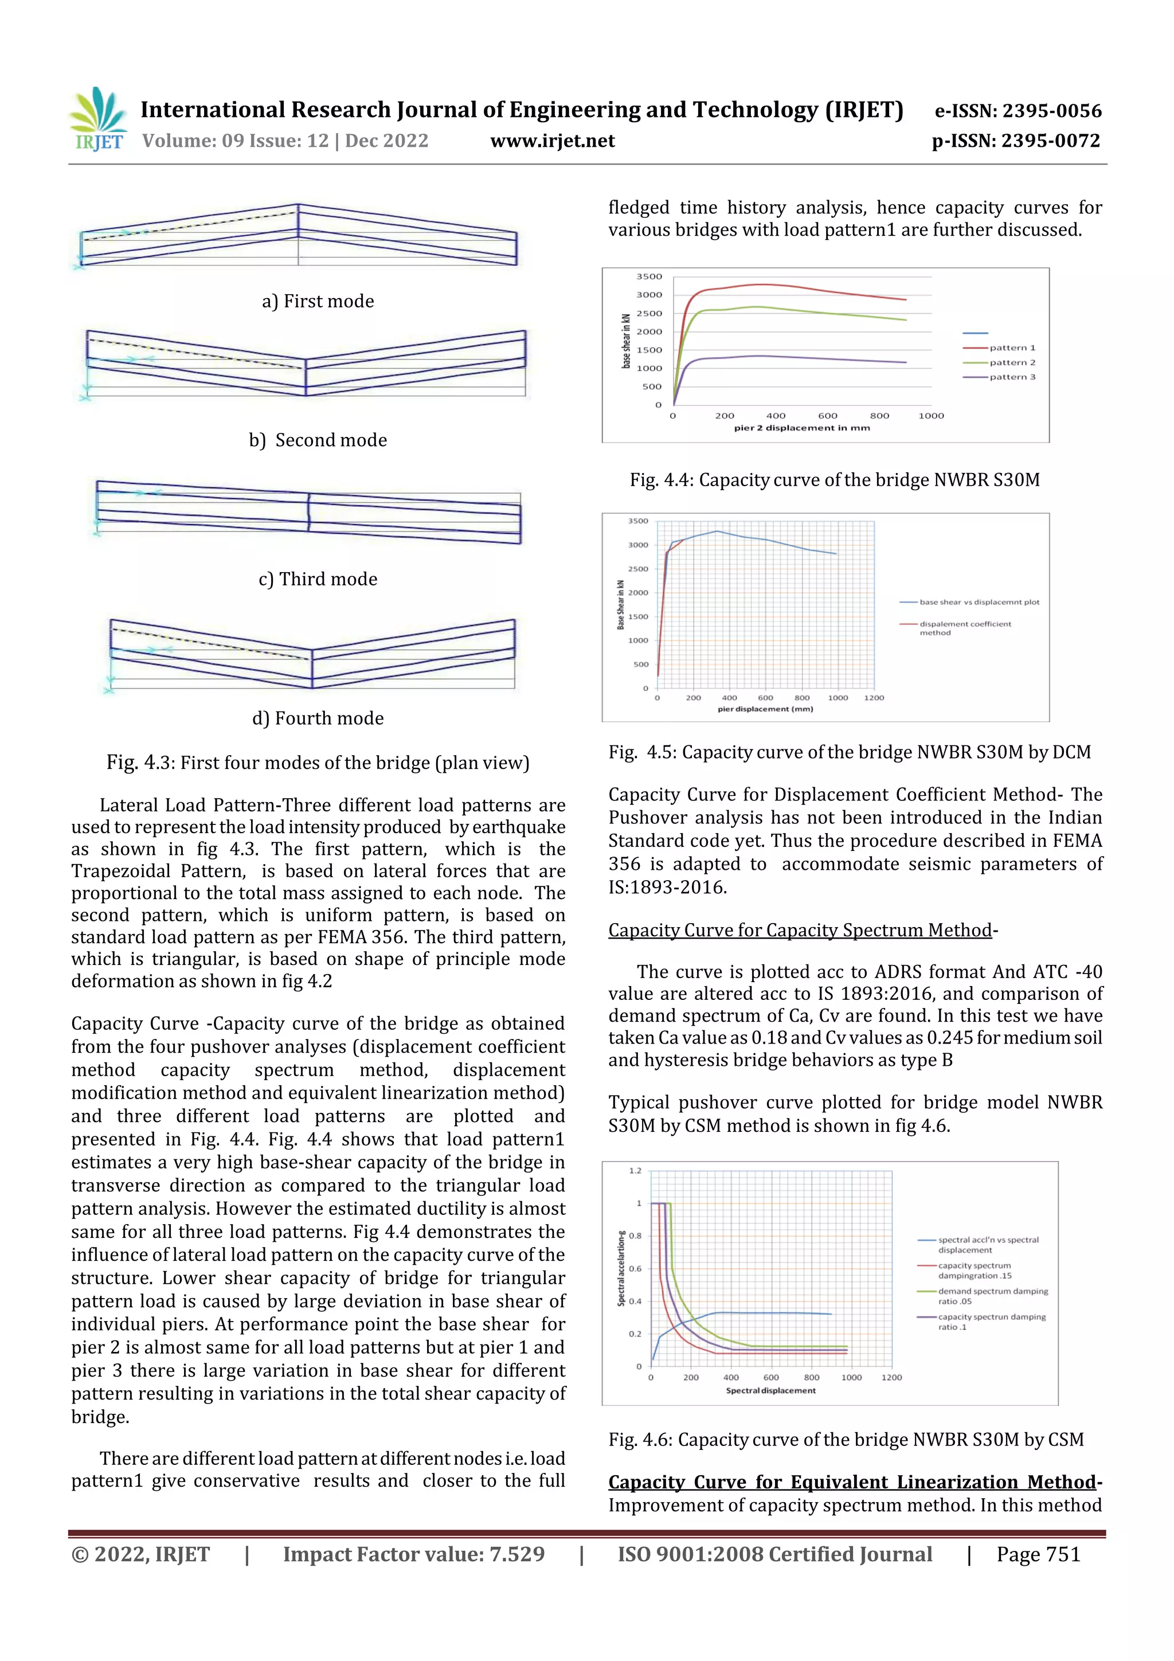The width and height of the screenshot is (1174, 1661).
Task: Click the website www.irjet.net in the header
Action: pos(552,141)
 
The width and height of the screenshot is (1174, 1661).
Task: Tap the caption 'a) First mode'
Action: pos(318,301)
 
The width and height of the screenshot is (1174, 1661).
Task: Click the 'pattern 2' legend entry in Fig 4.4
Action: pos(1012,362)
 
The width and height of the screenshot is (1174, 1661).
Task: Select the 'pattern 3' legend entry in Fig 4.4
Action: pos(1012,377)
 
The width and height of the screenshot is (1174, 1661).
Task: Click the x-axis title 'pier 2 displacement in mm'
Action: pos(801,428)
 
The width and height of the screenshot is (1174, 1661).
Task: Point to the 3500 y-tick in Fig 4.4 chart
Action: pos(649,276)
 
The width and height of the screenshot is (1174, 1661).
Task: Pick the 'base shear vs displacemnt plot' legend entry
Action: pos(979,602)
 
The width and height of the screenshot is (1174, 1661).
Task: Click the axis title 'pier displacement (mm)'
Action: pos(765,709)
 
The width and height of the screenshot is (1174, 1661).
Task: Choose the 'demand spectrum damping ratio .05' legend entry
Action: pos(992,1296)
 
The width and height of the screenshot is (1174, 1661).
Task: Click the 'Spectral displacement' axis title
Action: pos(770,1390)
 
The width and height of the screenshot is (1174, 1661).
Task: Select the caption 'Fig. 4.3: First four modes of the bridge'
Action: pos(318,763)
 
